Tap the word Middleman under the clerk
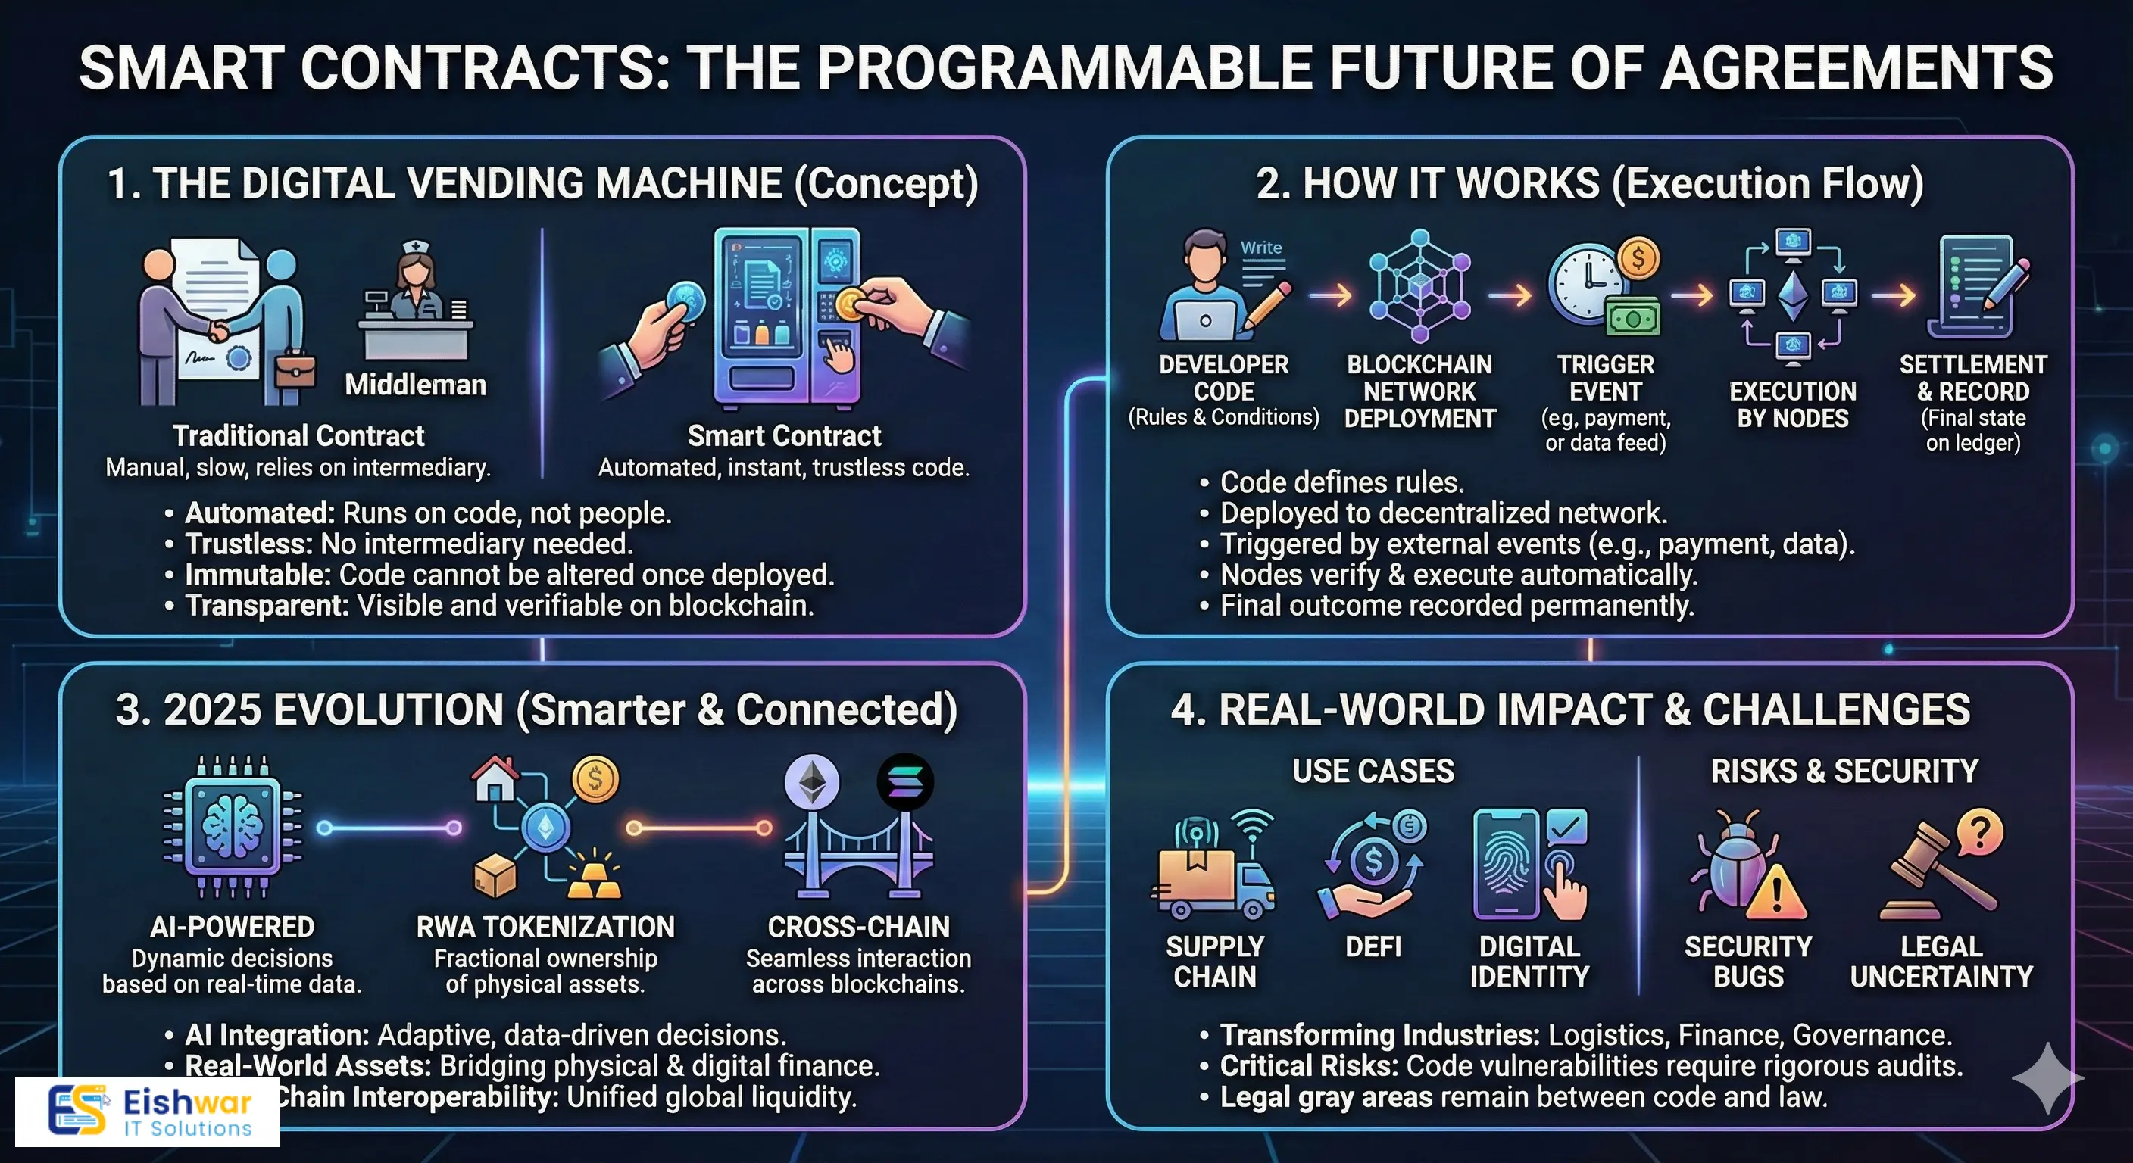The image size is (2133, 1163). point(415,385)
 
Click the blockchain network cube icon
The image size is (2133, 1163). point(1419,285)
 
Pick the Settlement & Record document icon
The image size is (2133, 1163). point(1976,285)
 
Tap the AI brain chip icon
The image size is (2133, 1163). point(233,826)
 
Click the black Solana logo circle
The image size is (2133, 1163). point(905,782)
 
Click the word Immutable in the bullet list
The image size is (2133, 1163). point(258,575)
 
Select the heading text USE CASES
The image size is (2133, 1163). point(1373,772)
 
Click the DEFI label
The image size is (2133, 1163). point(1373,946)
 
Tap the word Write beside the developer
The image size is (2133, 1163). point(1260,248)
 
